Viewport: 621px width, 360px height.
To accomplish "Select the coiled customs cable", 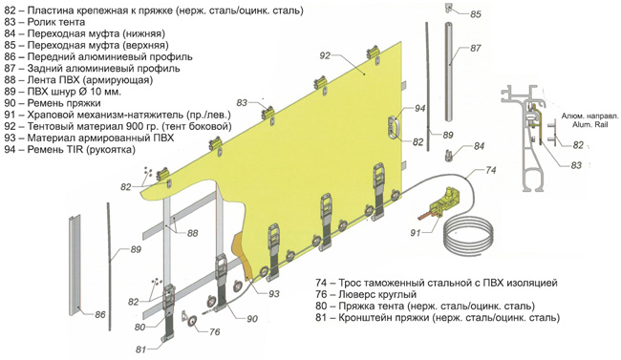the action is click(x=468, y=236).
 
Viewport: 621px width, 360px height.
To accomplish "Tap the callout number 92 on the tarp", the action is click(x=325, y=55).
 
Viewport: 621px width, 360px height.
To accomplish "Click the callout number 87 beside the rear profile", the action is click(x=475, y=49).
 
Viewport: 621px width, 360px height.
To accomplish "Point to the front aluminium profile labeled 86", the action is click(x=75, y=265).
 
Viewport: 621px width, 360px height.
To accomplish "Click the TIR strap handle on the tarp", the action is click(x=395, y=127).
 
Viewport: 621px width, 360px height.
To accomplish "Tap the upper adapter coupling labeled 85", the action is click(x=448, y=7).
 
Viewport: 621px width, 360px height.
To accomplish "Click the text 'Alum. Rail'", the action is click(x=589, y=124).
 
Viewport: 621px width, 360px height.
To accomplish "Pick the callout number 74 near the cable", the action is click(x=490, y=170).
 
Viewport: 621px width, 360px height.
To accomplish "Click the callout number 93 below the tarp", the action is click(x=273, y=294).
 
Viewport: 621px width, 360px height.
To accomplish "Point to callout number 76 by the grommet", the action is click(x=214, y=331).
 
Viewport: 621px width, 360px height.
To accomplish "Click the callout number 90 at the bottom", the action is click(x=252, y=319).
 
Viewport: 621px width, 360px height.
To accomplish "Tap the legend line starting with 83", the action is click(x=45, y=22).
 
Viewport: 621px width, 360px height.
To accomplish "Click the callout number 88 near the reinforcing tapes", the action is click(x=192, y=233).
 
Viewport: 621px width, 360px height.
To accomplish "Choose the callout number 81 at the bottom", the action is click(x=141, y=349).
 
